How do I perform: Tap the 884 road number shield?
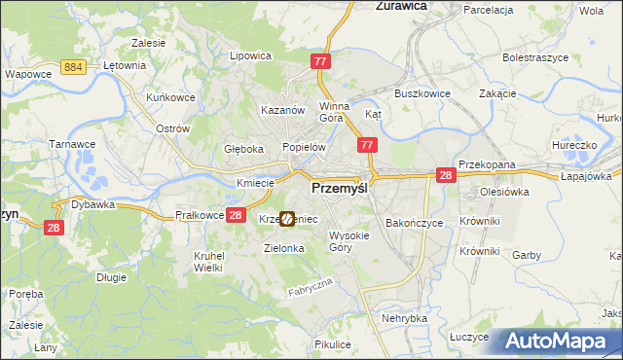point(70,66)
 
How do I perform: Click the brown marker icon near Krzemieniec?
point(287,220)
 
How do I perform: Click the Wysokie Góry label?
point(349,241)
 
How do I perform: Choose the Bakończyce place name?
point(414,222)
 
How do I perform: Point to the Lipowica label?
point(249,55)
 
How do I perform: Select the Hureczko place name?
point(572,145)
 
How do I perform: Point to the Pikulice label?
point(333,344)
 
